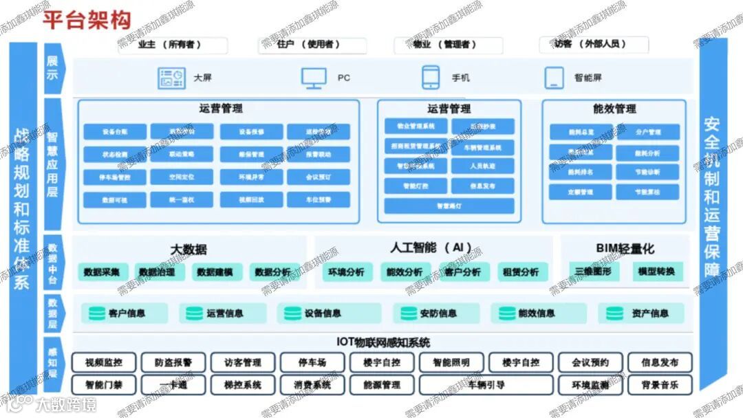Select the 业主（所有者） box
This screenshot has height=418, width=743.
pyautogui.click(x=173, y=45)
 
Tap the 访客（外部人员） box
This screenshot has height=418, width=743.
pyautogui.click(x=593, y=45)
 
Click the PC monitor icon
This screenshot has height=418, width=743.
pyautogui.click(x=314, y=78)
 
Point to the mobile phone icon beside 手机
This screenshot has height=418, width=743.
pyautogui.click(x=431, y=78)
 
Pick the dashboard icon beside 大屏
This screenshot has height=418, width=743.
pyautogui.click(x=171, y=78)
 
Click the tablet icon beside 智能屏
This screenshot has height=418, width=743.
pyautogui.click(x=554, y=78)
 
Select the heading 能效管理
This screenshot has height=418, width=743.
pyautogui.click(x=614, y=109)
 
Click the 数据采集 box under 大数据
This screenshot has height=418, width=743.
pyautogui.click(x=102, y=272)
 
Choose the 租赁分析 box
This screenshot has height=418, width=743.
pyautogui.click(x=520, y=272)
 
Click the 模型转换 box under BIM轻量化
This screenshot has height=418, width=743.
pyautogui.click(x=656, y=272)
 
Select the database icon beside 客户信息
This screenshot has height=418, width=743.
pyautogui.click(x=96, y=313)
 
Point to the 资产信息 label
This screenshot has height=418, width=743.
pyautogui.click(x=649, y=313)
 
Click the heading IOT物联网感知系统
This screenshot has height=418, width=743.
pyautogui.click(x=383, y=342)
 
